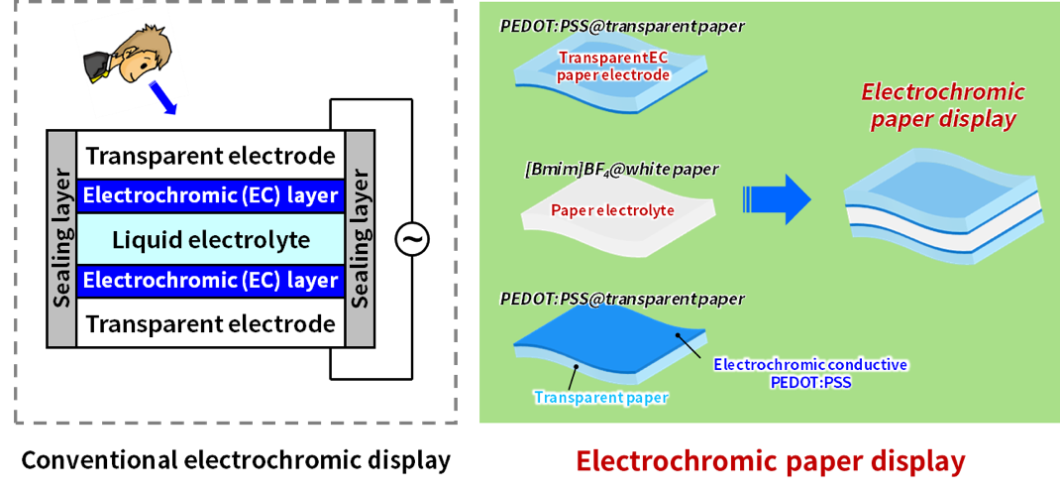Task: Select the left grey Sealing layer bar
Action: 61,238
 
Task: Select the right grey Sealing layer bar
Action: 360,238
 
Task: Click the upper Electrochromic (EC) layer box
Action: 210,195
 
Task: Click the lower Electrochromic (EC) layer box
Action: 210,281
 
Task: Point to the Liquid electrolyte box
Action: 210,239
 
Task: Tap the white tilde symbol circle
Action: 411,239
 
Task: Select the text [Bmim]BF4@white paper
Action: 621,170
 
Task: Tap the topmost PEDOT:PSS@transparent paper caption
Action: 621,26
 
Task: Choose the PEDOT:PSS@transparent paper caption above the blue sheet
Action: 621,298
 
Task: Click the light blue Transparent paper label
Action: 600,398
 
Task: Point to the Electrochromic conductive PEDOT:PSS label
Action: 810,372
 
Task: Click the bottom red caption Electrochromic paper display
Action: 770,461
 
